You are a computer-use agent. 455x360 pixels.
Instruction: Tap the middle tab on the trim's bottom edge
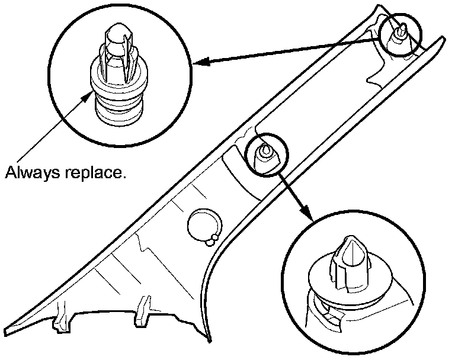coord(143,311)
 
